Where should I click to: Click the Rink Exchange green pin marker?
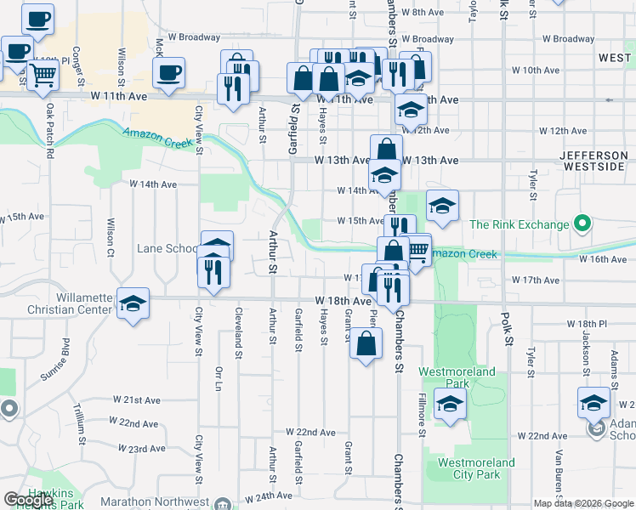tap(582, 224)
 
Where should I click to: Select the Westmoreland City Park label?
tap(475, 468)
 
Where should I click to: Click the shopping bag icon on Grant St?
tap(366, 344)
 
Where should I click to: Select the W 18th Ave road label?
tap(343, 301)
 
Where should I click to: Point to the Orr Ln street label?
tap(219, 379)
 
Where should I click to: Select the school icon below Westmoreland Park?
tap(450, 404)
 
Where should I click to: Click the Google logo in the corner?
tap(28, 500)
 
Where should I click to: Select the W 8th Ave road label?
tap(423, 12)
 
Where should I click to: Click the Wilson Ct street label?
tap(111, 238)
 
